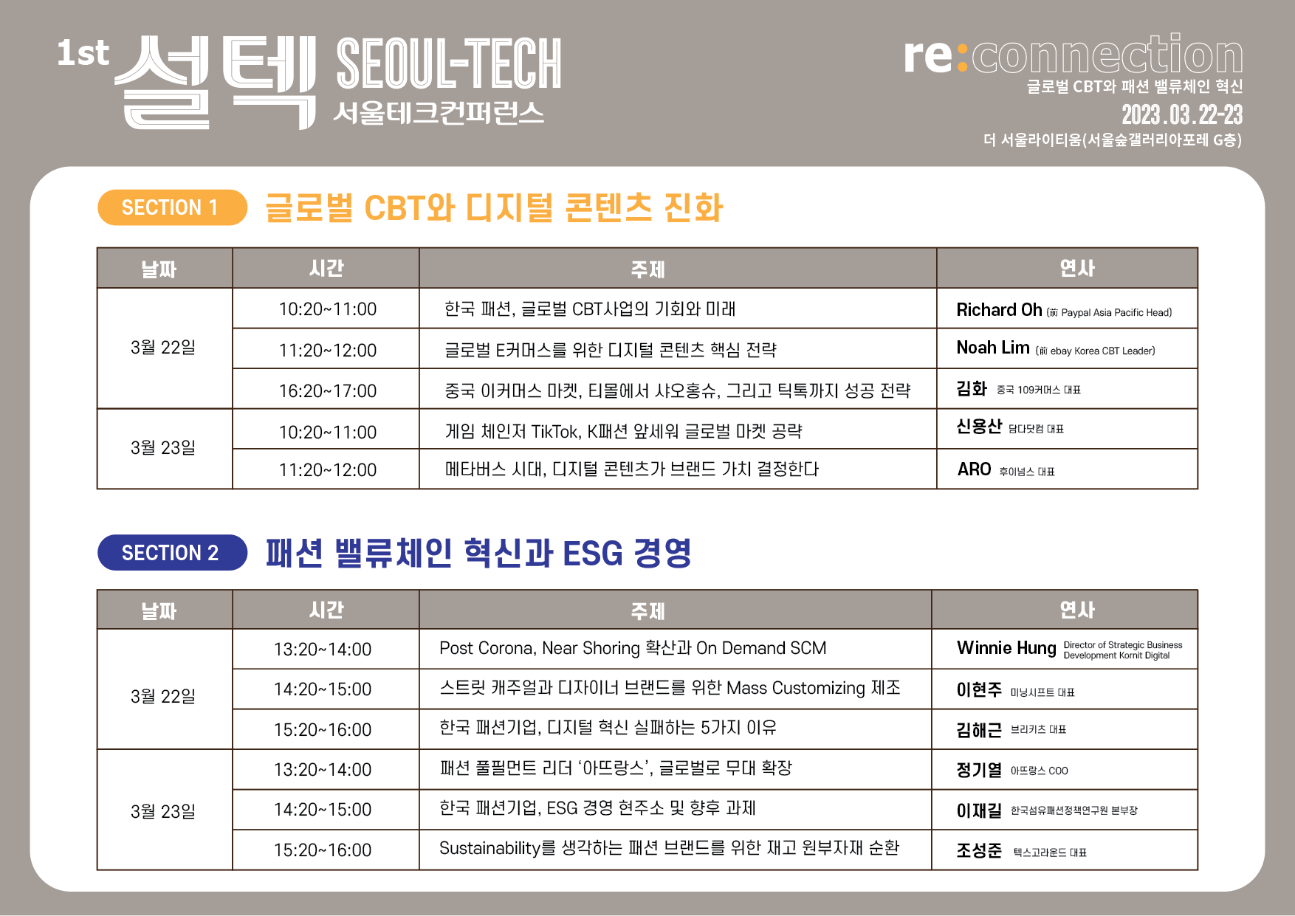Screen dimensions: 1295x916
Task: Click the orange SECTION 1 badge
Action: tap(172, 207)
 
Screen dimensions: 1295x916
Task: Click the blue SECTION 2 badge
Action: tap(172, 552)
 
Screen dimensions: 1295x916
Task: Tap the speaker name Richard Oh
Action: tap(999, 310)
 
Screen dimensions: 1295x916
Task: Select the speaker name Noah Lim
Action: tap(993, 348)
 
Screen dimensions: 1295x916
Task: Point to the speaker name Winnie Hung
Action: tap(1006, 648)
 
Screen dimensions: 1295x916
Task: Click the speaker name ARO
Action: tap(974, 469)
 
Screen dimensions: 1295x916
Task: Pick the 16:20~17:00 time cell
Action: tap(328, 391)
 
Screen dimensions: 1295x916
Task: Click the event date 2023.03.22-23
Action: tap(1182, 115)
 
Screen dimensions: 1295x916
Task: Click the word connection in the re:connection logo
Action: tap(1107, 55)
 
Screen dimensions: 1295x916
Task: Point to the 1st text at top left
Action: tap(83, 53)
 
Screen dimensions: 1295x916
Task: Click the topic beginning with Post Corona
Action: tap(633, 649)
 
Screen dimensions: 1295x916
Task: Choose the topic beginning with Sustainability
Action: tap(669, 849)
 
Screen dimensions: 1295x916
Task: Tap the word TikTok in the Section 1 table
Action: tap(555, 432)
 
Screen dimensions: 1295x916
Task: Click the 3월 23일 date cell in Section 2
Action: tap(163, 811)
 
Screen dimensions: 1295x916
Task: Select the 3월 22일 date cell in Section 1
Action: tap(163, 347)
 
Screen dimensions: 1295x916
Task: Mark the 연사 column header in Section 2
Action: tap(1077, 610)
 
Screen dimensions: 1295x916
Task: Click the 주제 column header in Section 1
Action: tap(648, 269)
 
